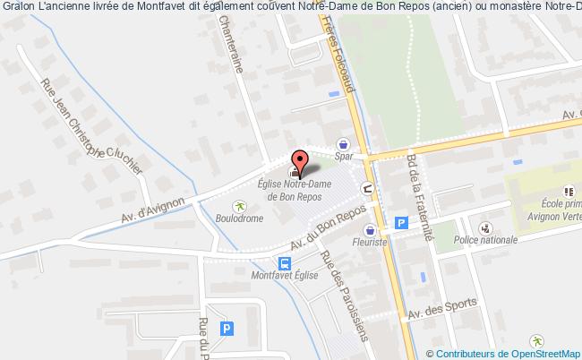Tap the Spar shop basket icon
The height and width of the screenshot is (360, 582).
click(x=343, y=143)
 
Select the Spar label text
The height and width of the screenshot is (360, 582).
click(x=343, y=157)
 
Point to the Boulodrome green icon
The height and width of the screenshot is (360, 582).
click(x=238, y=204)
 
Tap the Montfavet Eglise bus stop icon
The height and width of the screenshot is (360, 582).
click(x=285, y=263)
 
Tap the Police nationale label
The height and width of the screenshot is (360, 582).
click(x=487, y=240)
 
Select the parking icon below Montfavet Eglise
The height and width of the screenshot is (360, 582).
click(x=227, y=329)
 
